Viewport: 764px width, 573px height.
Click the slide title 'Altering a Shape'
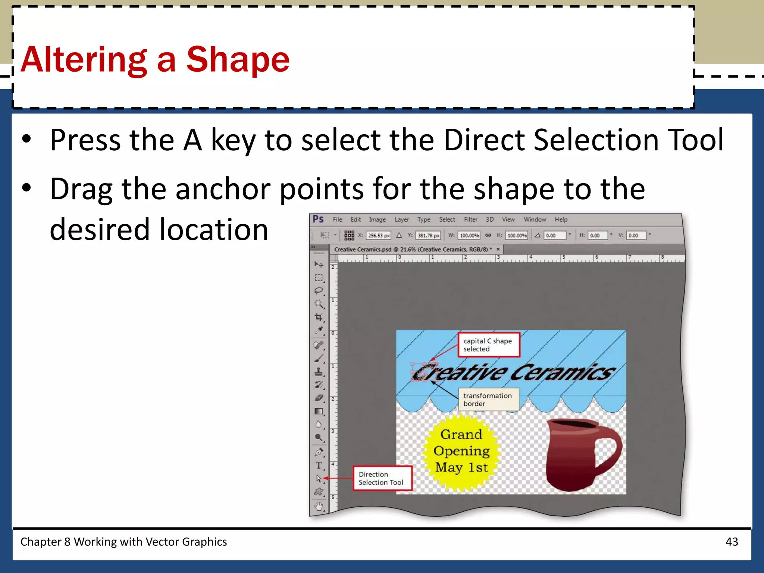point(155,60)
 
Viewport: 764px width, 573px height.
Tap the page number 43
point(732,542)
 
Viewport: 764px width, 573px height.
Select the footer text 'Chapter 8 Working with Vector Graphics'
point(123,542)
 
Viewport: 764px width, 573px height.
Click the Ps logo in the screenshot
point(318,219)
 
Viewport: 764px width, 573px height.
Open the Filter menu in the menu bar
point(470,220)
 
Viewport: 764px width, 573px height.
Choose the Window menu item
point(535,220)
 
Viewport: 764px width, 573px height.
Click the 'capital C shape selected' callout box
point(488,345)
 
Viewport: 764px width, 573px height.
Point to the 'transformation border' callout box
point(488,400)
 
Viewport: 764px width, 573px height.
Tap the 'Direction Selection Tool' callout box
point(382,478)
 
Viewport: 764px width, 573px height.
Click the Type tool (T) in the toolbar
point(319,465)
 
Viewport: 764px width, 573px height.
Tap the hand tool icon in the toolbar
point(319,506)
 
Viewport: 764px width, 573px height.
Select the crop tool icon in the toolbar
point(319,317)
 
